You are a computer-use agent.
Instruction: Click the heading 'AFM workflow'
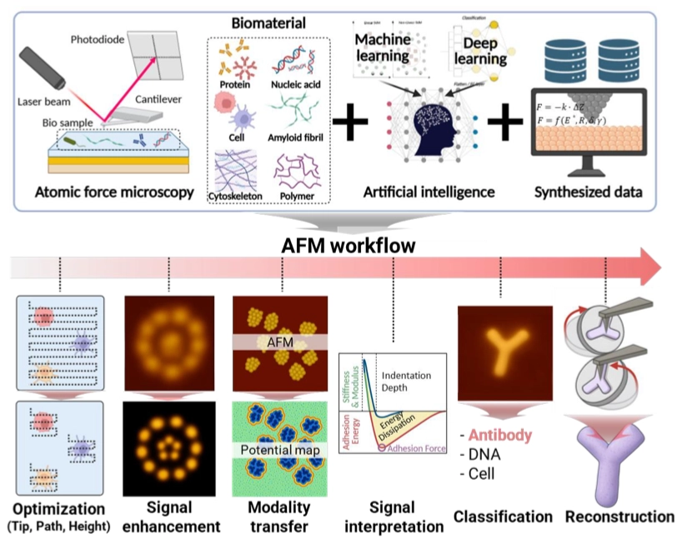pos(348,247)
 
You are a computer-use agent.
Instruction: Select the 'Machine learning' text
pos(383,47)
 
